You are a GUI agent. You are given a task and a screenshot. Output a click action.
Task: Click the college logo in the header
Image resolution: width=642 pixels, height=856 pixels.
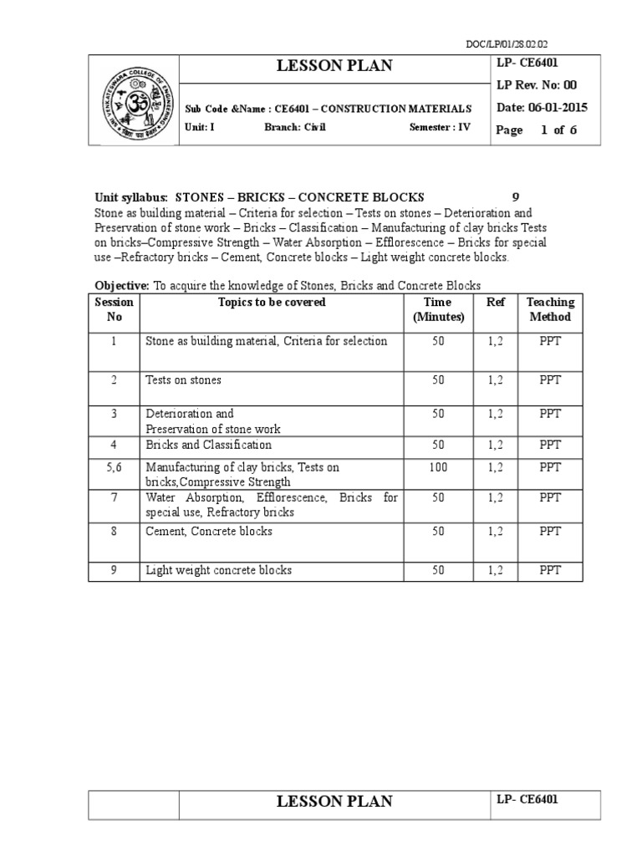(134, 101)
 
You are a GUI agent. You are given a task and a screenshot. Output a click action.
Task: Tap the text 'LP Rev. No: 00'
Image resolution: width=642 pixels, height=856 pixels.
(537, 85)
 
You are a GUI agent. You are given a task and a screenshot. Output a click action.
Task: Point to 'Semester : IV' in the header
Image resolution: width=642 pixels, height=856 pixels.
(441, 128)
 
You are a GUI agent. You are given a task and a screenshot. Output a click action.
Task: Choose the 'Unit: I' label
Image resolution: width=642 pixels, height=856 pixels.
(200, 128)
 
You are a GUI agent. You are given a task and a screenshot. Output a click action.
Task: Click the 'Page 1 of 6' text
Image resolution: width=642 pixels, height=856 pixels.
(536, 130)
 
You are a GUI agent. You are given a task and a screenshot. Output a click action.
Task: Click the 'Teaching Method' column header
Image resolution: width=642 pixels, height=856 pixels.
(549, 309)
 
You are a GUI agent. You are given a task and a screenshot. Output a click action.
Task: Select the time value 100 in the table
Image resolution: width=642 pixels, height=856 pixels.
(438, 467)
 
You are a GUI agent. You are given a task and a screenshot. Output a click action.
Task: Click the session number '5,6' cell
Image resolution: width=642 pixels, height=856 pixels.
(115, 467)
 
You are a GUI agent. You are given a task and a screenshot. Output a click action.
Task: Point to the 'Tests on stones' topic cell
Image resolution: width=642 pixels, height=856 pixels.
(184, 380)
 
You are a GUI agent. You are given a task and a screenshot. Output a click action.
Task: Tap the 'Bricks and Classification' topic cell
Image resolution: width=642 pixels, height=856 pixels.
(208, 446)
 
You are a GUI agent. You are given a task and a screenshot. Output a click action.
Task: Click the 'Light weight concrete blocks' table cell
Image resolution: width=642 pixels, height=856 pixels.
(219, 571)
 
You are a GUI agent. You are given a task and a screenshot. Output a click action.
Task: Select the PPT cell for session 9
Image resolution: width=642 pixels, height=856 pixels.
(549, 571)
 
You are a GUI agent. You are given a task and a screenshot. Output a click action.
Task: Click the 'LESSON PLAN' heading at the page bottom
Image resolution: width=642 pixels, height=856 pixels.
(334, 802)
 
